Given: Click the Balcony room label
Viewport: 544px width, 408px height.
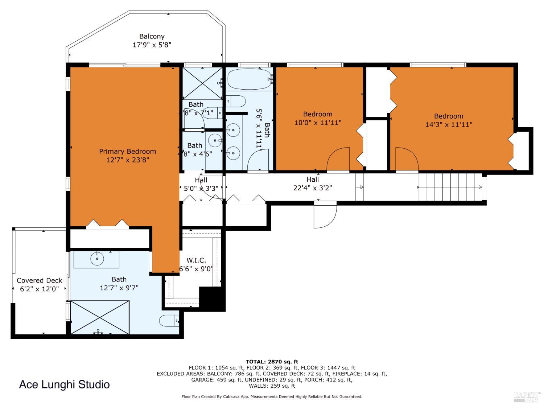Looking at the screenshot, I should pyautogui.click(x=152, y=36).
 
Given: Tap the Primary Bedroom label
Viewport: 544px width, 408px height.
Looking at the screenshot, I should pyautogui.click(x=127, y=151).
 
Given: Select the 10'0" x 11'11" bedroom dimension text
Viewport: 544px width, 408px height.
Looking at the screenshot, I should pyautogui.click(x=318, y=123).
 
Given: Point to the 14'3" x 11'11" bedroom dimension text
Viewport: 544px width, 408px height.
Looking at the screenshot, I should pyautogui.click(x=449, y=124).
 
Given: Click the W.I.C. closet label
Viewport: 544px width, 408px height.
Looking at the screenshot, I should pyautogui.click(x=196, y=260).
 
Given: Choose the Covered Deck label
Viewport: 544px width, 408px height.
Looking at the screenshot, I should pyautogui.click(x=39, y=280).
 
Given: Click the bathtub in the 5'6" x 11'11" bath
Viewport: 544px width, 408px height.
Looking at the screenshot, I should pyautogui.click(x=249, y=79).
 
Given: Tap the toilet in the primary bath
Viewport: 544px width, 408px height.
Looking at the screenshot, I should pyautogui.click(x=169, y=321).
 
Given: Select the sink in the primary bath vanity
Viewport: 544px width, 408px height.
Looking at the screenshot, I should pyautogui.click(x=96, y=259).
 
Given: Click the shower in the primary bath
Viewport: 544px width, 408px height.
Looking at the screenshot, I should pyautogui.click(x=100, y=317).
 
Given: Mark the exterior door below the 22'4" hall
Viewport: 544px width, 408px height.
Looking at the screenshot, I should pyautogui.click(x=325, y=217).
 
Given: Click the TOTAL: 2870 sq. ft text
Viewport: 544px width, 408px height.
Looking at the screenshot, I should pyautogui.click(x=272, y=361).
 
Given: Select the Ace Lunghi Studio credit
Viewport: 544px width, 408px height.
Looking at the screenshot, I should pyautogui.click(x=64, y=384).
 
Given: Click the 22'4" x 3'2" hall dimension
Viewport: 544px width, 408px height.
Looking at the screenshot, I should pyautogui.click(x=312, y=188).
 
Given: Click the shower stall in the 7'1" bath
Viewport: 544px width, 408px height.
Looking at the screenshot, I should pyautogui.click(x=202, y=83).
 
